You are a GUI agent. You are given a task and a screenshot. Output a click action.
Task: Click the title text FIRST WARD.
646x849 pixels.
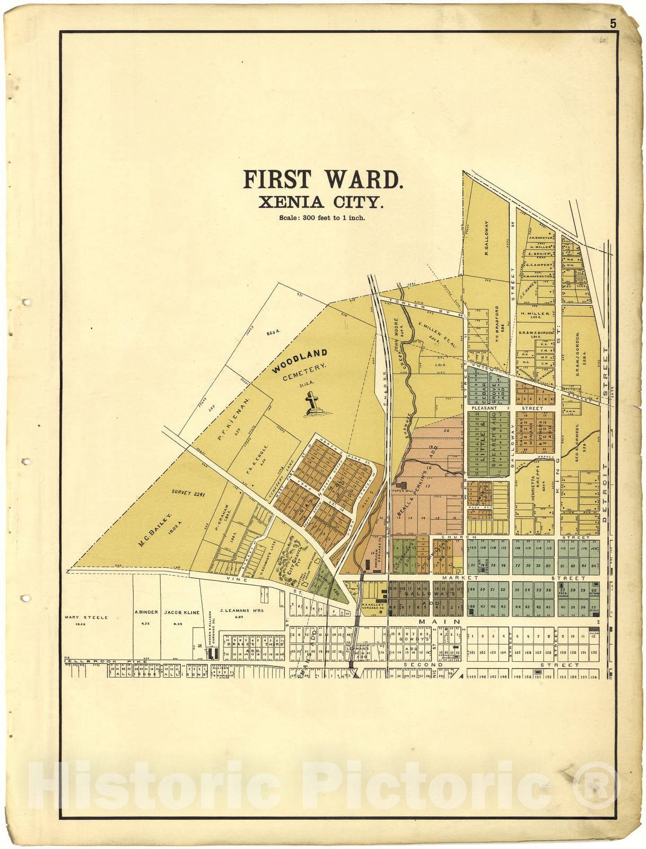323,179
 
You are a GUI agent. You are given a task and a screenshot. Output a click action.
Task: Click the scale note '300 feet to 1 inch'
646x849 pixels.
322,218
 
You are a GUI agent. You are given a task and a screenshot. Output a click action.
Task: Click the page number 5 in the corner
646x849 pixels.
613,23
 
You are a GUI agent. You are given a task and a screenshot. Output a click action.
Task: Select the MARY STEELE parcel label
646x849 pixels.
86,617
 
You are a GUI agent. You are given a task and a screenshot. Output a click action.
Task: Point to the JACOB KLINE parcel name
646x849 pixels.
182,612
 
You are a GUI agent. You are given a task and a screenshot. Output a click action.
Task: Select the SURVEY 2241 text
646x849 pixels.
188,493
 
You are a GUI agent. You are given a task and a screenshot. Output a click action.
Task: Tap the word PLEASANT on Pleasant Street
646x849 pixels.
484,408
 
